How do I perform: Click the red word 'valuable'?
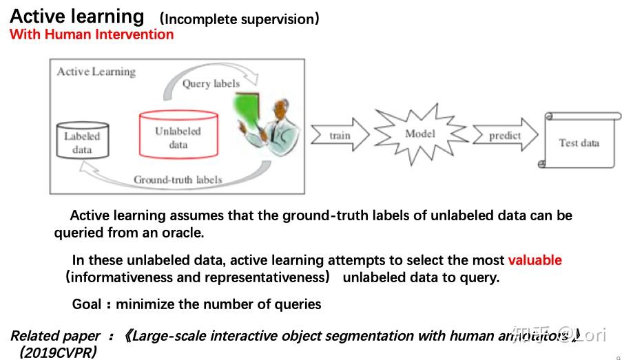535,260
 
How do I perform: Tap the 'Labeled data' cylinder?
82,142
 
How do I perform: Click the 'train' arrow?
340,136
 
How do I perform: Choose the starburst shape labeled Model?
419,134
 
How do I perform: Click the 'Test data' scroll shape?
579,142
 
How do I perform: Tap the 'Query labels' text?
211,84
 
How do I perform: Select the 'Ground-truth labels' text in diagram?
178,180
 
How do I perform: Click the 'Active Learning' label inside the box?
96,72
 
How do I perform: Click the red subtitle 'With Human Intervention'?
92,34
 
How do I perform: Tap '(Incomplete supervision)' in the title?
239,19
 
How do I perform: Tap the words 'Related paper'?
55,336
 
